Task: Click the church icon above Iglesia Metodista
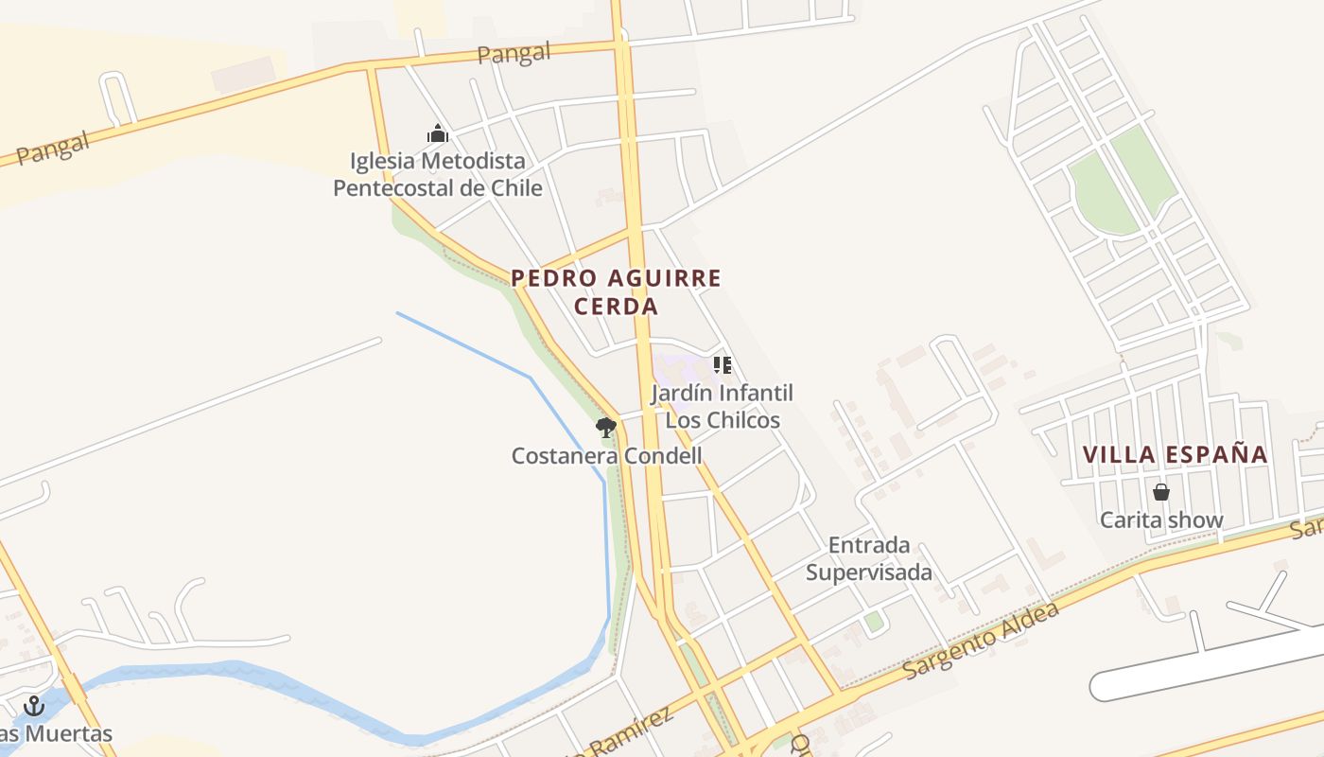pyautogui.click(x=437, y=133)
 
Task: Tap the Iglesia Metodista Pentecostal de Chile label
pyautogui.click(x=438, y=174)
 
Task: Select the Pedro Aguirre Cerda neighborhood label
pyautogui.click(x=617, y=291)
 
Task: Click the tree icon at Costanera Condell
pyautogui.click(x=606, y=428)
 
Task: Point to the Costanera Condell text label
pyautogui.click(x=606, y=456)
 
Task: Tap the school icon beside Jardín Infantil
pyautogui.click(x=723, y=365)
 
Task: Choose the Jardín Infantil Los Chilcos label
pyautogui.click(x=723, y=406)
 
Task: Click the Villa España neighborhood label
pyautogui.click(x=1175, y=454)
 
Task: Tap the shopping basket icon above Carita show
pyautogui.click(x=1160, y=492)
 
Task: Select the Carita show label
pyautogui.click(x=1160, y=519)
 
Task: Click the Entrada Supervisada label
pyautogui.click(x=868, y=558)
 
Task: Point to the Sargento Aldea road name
pyautogui.click(x=981, y=640)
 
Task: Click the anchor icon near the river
pyautogui.click(x=34, y=706)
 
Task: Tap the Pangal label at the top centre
pyautogui.click(x=514, y=53)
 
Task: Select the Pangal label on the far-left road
pyautogui.click(x=52, y=149)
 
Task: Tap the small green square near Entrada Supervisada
pyautogui.click(x=875, y=622)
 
